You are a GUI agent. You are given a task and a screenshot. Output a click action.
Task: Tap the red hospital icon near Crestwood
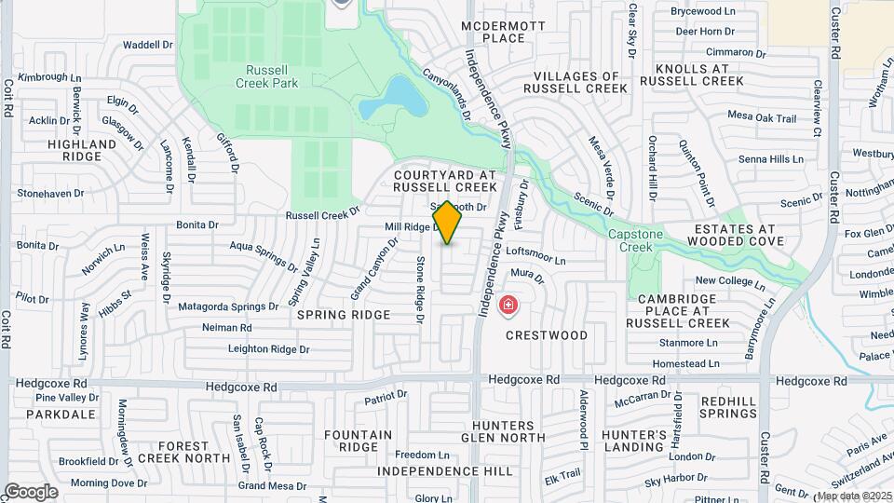click(508, 304)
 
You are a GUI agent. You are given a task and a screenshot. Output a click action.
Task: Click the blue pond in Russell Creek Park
click(391, 97)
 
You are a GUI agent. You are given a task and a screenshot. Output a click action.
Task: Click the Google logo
click(31, 492)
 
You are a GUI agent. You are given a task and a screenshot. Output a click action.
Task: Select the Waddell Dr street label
click(148, 44)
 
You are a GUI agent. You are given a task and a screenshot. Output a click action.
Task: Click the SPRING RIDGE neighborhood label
click(344, 315)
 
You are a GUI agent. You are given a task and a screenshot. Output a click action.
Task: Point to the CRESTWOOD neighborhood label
click(547, 334)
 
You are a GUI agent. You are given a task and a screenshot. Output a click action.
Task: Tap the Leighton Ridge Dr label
click(268, 349)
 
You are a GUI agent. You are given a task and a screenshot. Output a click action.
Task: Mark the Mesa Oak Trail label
click(762, 118)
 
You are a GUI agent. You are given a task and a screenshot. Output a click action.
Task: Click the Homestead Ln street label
click(686, 363)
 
